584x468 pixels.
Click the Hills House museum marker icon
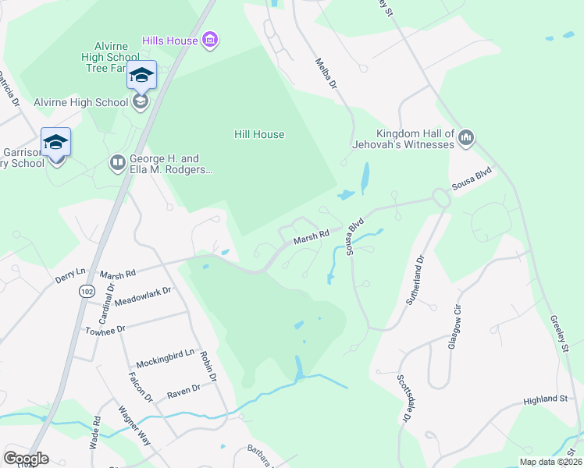(208, 39)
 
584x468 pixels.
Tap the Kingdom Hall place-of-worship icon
(466, 138)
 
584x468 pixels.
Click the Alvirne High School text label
(80, 102)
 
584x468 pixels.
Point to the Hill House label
(259, 134)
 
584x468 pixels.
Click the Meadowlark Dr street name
(143, 295)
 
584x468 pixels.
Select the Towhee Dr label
(105, 331)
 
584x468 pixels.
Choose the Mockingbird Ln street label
(165, 359)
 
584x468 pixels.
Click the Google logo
(26, 458)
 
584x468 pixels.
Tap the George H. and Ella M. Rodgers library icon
(118, 162)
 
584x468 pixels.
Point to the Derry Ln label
(70, 275)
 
